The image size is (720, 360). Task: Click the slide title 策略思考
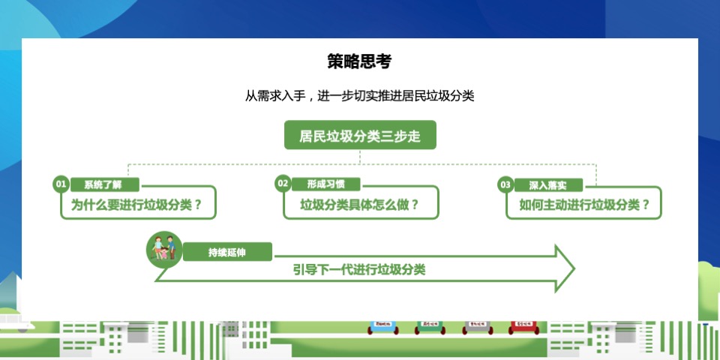click(359, 61)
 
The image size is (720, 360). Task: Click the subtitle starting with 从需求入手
click(360, 96)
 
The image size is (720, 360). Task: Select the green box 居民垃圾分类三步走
click(360, 136)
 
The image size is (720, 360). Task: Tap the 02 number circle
click(283, 184)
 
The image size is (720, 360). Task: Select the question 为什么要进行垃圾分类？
click(137, 204)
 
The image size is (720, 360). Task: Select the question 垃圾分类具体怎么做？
click(360, 204)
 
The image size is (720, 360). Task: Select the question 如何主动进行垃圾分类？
click(585, 204)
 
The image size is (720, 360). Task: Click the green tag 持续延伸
click(227, 252)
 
